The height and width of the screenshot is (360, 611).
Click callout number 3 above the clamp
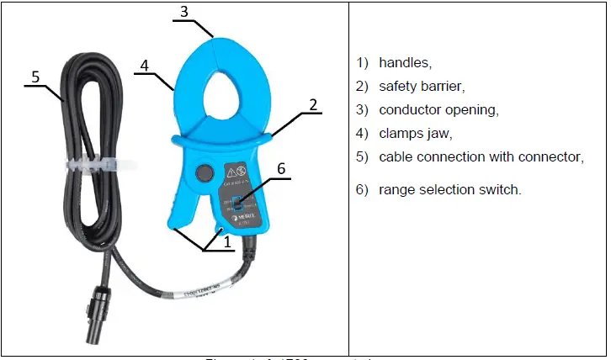point(184,13)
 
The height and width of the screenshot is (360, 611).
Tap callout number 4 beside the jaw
point(144,64)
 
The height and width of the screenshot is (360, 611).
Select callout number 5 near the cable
point(35,77)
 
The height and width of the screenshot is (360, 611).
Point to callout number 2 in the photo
point(313,105)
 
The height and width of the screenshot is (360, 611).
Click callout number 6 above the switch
point(281,169)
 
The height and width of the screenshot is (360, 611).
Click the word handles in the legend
point(405,62)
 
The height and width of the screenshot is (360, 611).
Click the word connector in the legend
point(551,156)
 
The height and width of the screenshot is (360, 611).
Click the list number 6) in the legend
point(362,190)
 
